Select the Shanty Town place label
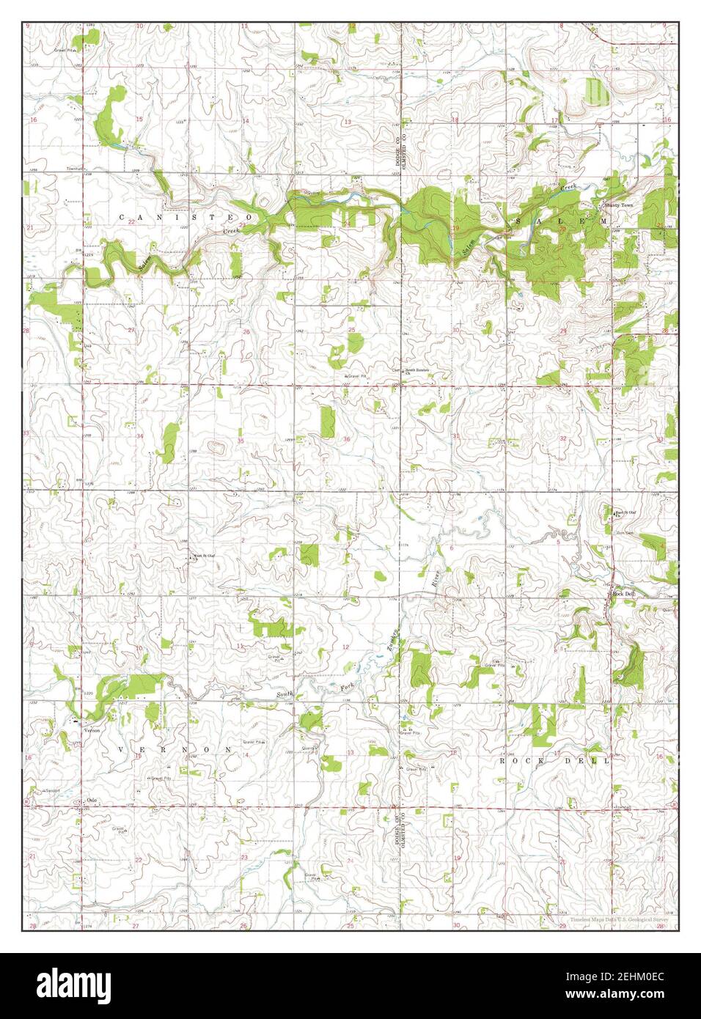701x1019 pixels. tap(617, 205)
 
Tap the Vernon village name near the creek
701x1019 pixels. tap(92, 729)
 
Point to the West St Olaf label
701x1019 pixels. tap(204, 556)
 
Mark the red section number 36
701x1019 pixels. tap(346, 439)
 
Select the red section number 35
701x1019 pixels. tap(241, 441)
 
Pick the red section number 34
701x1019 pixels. tap(139, 436)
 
